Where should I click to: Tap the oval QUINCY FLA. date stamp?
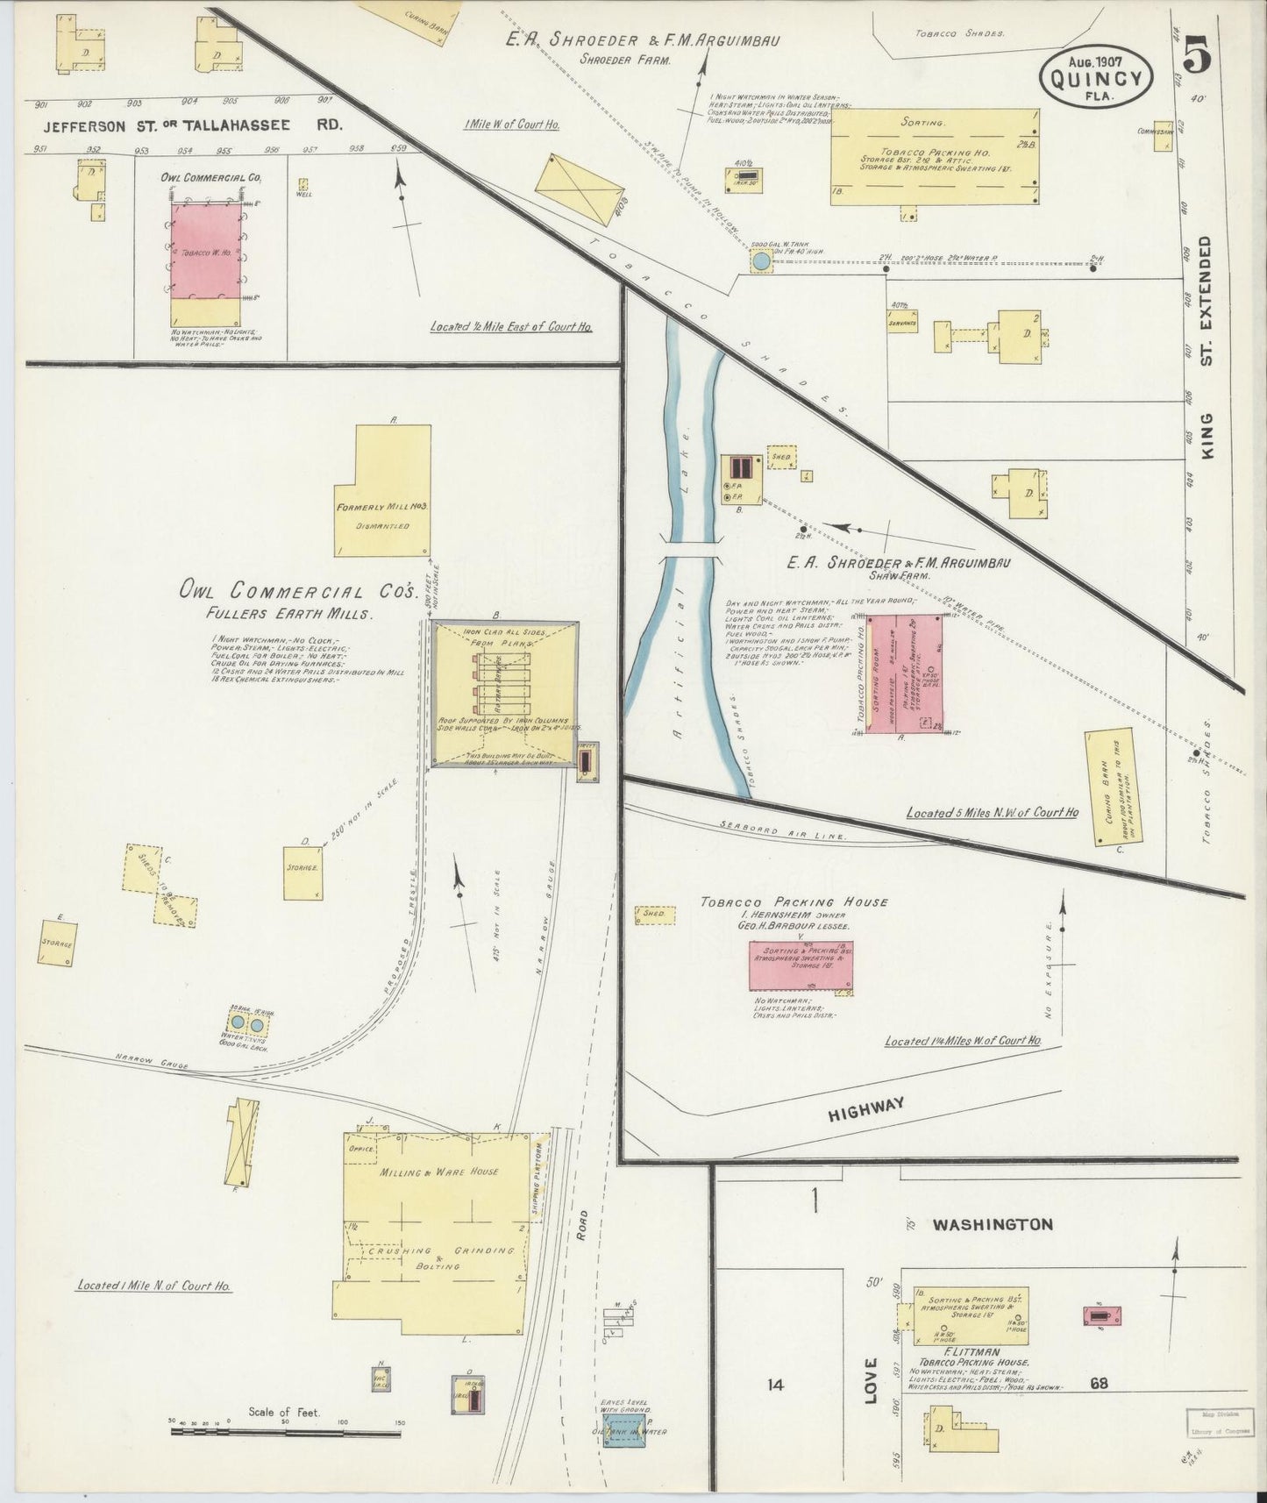tap(1095, 77)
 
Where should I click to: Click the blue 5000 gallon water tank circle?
tap(761, 260)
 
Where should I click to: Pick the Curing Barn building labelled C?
tap(1109, 787)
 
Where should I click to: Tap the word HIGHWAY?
tap(865, 1108)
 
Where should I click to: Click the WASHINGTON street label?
tap(992, 1224)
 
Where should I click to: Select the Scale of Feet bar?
tap(285, 1431)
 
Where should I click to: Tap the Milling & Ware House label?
tap(439, 1171)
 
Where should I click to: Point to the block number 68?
tap(1099, 1383)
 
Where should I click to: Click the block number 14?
tap(774, 1385)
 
